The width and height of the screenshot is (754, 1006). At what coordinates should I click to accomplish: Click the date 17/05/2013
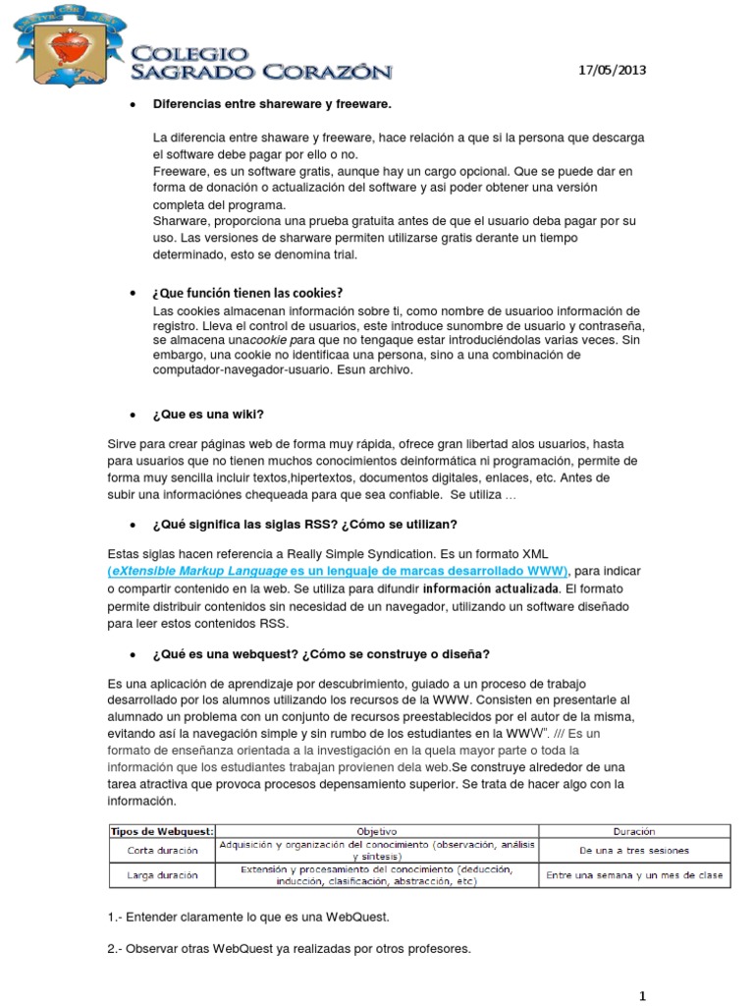613,71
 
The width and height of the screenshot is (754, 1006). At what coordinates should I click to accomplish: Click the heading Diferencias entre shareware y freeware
272,104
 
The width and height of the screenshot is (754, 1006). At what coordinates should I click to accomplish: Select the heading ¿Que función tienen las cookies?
247,293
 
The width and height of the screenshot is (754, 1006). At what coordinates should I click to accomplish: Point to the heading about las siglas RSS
304,524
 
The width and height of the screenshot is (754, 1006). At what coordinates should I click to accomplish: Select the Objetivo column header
377,830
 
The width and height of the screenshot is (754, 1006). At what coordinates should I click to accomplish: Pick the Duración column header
635,830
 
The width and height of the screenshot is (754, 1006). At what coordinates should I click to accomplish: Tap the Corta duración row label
162,850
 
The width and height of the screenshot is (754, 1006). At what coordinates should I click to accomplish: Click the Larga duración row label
162,874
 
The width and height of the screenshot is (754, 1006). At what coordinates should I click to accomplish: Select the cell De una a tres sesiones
635,850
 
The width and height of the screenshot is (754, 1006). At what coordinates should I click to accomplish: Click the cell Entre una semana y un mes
635,874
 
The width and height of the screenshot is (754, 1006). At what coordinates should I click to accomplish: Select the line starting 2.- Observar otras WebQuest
290,949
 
